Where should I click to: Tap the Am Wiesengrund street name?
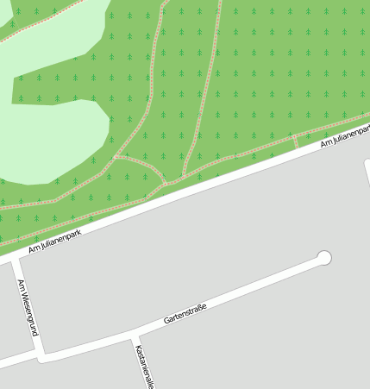click(27, 308)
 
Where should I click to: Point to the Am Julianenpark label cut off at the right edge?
click(345, 135)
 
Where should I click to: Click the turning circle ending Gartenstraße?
click(324, 257)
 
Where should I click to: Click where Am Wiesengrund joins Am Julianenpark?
click(12, 256)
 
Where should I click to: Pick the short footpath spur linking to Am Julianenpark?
click(295, 141)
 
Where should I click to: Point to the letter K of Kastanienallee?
click(136, 347)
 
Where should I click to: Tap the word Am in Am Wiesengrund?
click(20, 285)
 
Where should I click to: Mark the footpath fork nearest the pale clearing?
click(116, 157)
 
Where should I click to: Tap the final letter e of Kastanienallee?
click(151, 386)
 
